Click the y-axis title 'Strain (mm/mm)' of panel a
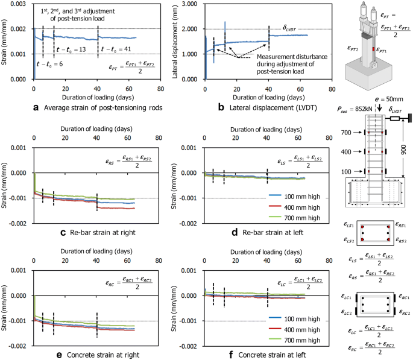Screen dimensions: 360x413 [5, 40]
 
